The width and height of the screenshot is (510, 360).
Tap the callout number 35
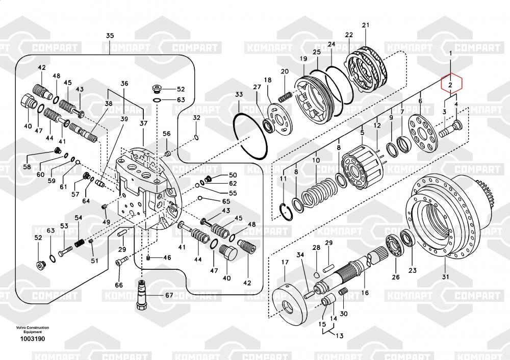tap(110, 36)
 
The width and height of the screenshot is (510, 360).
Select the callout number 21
tap(365, 25)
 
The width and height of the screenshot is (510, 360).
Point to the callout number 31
tap(445, 277)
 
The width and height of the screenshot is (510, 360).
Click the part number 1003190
tap(32, 339)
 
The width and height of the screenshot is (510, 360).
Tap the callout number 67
tap(168, 295)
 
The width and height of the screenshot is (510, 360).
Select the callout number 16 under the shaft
tap(365, 293)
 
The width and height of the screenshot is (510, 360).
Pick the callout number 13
tap(339, 336)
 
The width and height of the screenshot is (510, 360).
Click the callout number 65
tap(226, 201)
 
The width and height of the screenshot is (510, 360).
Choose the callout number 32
tap(196, 118)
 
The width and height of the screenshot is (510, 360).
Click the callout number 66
tap(119, 285)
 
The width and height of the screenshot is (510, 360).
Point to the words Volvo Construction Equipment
tap(32, 329)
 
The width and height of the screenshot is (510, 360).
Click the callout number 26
tap(395, 277)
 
